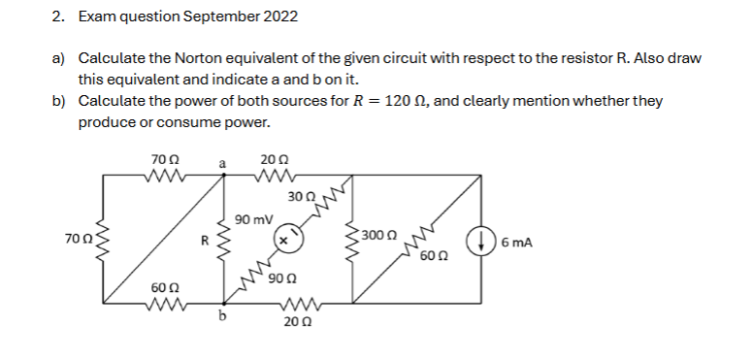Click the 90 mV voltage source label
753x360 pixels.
pyautogui.click(x=253, y=219)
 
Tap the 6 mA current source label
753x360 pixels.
pyautogui.click(x=518, y=242)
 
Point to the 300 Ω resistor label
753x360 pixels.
pyautogui.click(x=378, y=235)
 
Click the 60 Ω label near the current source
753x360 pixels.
pyautogui.click(x=435, y=257)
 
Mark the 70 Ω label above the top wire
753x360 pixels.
pyautogui.click(x=162, y=158)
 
